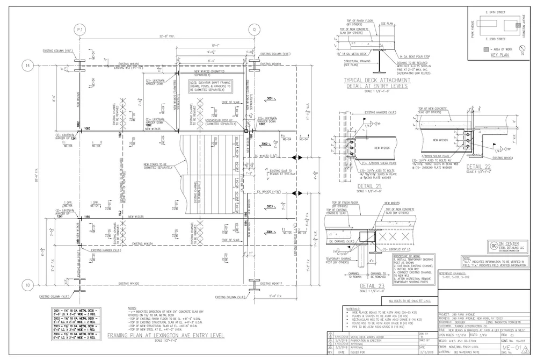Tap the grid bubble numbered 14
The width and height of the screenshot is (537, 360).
click(27, 66)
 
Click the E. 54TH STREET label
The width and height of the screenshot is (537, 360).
click(492, 11)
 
